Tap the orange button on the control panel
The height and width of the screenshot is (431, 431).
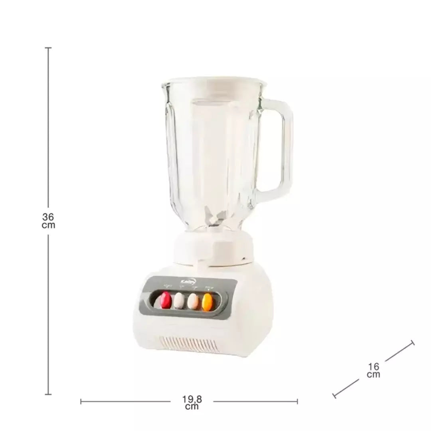(207, 302)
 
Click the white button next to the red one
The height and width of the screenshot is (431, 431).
(179, 301)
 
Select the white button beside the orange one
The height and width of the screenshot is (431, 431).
(193, 301)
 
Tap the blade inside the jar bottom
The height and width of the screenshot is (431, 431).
(213, 218)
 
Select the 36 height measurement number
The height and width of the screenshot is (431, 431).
(48, 217)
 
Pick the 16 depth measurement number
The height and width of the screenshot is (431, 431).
(374, 366)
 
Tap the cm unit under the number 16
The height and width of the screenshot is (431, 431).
(374, 374)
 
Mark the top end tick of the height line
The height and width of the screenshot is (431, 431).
(48, 48)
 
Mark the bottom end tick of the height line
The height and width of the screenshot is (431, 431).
(48, 394)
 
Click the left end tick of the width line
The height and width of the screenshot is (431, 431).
(81, 401)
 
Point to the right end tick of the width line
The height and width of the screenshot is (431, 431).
(297, 401)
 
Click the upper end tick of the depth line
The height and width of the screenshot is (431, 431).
(412, 343)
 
